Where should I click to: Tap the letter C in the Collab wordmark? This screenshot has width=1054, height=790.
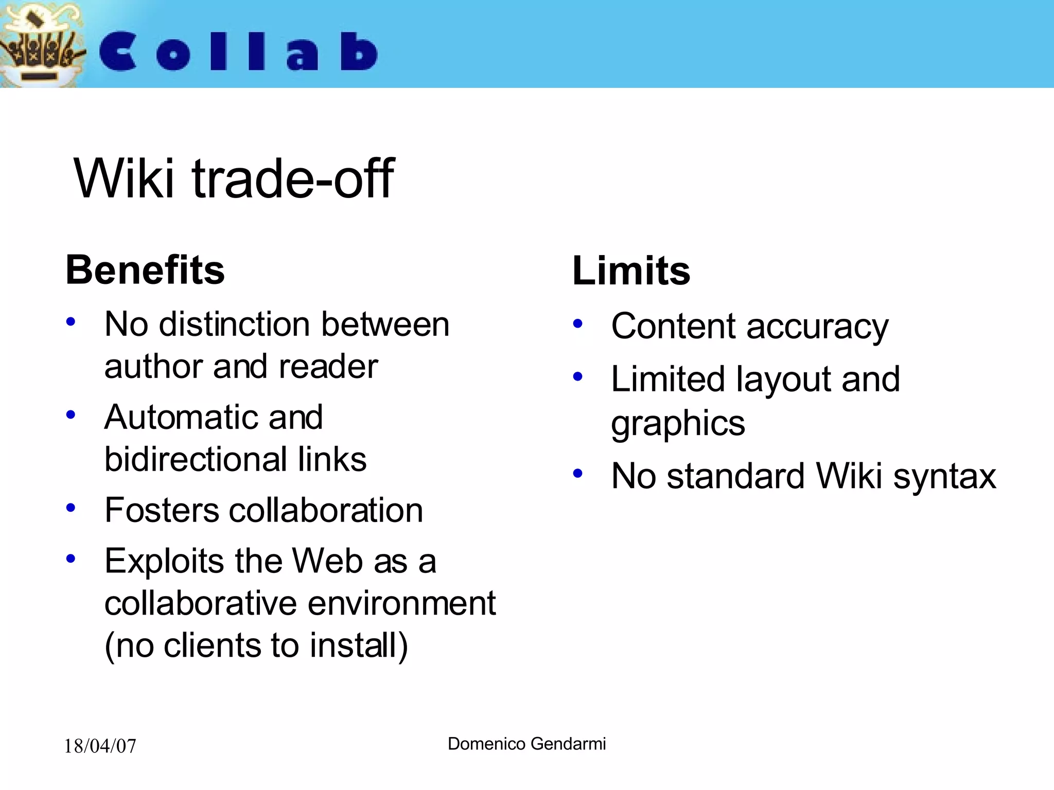pos(118,51)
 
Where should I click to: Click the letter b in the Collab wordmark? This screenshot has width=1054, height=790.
pos(359,51)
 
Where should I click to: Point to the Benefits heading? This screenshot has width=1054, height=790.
pos(145,270)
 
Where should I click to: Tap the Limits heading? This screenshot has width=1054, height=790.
pos(631,271)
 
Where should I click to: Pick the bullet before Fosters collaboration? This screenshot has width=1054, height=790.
pos(71,508)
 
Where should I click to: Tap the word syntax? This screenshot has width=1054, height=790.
pos(944,476)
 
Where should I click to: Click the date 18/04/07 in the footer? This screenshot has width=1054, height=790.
pos(100,746)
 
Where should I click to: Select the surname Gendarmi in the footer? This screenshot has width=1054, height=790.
pos(568,744)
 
